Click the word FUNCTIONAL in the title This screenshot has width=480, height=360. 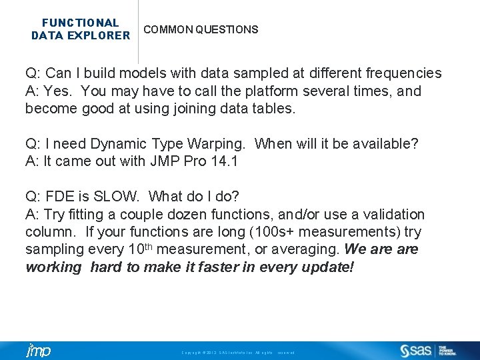pos(81,23)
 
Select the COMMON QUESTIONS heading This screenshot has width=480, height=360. pos(201,29)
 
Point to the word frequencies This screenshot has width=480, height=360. pos(401,73)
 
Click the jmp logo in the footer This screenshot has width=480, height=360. pos(37,351)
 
